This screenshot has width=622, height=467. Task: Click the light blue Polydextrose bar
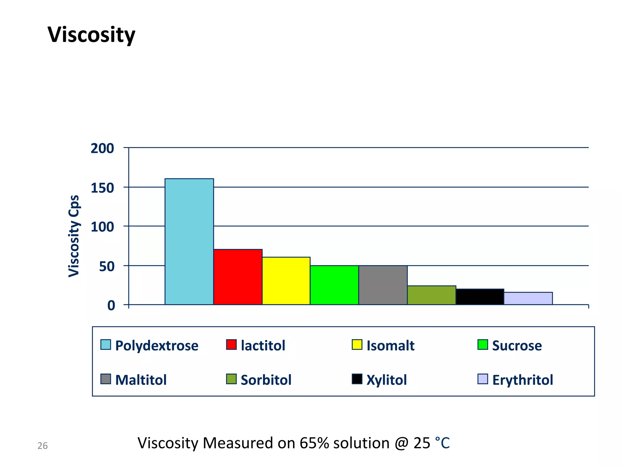pyautogui.click(x=189, y=241)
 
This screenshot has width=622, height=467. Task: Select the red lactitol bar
pyautogui.click(x=238, y=277)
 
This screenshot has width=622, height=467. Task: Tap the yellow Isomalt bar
pyautogui.click(x=286, y=281)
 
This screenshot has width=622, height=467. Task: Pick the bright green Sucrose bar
pyautogui.click(x=334, y=285)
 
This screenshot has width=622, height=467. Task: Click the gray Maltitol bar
pyautogui.click(x=383, y=285)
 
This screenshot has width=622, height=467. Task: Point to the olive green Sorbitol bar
pyautogui.click(x=431, y=295)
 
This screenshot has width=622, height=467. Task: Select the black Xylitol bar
pyautogui.click(x=480, y=296)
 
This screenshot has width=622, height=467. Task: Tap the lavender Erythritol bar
pyautogui.click(x=528, y=298)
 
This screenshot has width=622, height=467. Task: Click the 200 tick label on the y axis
pyautogui.click(x=102, y=148)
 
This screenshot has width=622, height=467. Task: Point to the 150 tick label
pyautogui.click(x=102, y=188)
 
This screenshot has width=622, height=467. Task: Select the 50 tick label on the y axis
pyautogui.click(x=107, y=267)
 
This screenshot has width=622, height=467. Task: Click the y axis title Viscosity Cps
pyautogui.click(x=74, y=236)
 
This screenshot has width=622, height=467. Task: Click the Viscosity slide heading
pyautogui.click(x=91, y=34)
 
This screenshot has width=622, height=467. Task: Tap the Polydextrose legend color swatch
pyautogui.click(x=105, y=345)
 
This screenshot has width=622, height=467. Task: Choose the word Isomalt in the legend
pyautogui.click(x=390, y=346)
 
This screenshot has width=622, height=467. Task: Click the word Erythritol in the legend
pyautogui.click(x=522, y=380)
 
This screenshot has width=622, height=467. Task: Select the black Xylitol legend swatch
pyautogui.click(x=357, y=379)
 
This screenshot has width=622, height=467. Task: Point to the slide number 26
pyautogui.click(x=43, y=446)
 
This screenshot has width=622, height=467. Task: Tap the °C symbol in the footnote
pyautogui.click(x=442, y=443)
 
